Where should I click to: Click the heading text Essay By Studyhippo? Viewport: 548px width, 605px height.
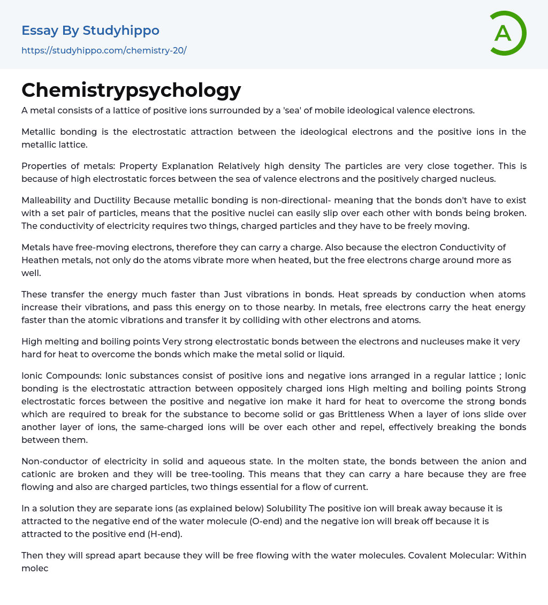tap(90, 30)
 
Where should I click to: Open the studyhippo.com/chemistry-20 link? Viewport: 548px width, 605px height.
tap(104, 51)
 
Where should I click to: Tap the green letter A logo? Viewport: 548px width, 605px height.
tap(505, 33)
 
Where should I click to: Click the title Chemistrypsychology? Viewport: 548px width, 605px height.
tap(131, 90)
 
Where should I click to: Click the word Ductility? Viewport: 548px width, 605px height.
tap(112, 200)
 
